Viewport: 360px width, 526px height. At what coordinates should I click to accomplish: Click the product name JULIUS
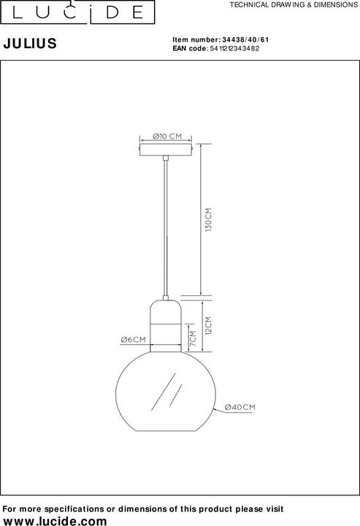coord(31,44)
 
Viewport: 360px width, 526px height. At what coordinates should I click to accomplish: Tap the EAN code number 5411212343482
coord(234,48)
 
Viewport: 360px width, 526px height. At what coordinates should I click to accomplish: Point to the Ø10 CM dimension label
coord(168,136)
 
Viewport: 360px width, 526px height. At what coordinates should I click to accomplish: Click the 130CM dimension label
coord(207,220)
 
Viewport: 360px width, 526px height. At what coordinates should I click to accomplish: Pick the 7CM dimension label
coord(192,339)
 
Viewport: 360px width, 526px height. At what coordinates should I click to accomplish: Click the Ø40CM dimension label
coord(240,406)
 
